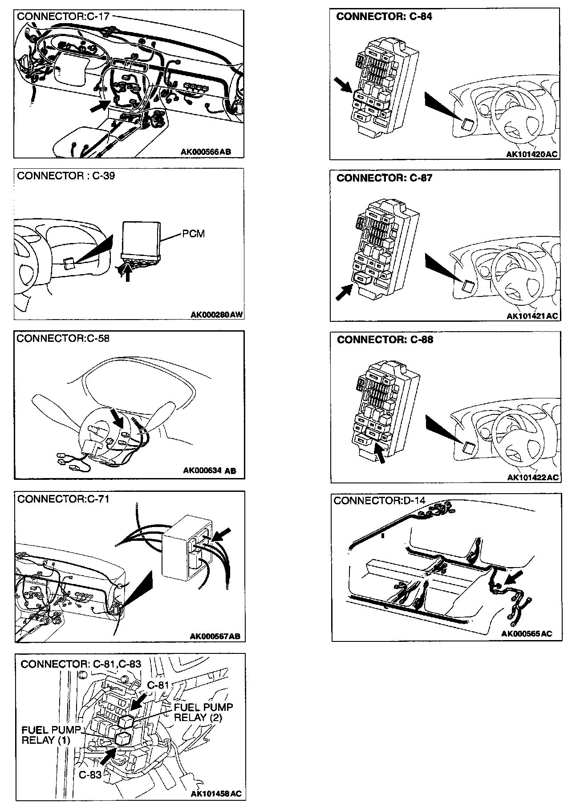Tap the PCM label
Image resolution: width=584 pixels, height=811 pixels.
[193, 234]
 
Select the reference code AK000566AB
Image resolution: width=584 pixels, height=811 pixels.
[206, 152]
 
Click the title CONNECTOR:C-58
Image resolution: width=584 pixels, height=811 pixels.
[63, 339]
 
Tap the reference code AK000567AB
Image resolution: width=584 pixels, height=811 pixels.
[215, 636]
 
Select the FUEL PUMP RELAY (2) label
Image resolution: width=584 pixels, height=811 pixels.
[203, 712]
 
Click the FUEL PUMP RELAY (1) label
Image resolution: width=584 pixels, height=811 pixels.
[51, 735]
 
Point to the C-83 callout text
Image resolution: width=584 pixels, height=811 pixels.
[90, 775]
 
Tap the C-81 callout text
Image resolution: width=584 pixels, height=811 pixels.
[158, 685]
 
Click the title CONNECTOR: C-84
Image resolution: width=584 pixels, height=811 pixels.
[384, 17]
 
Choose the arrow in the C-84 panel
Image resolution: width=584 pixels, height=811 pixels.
[344, 85]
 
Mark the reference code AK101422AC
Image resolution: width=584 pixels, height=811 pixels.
[533, 478]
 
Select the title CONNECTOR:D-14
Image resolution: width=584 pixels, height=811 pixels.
[379, 501]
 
